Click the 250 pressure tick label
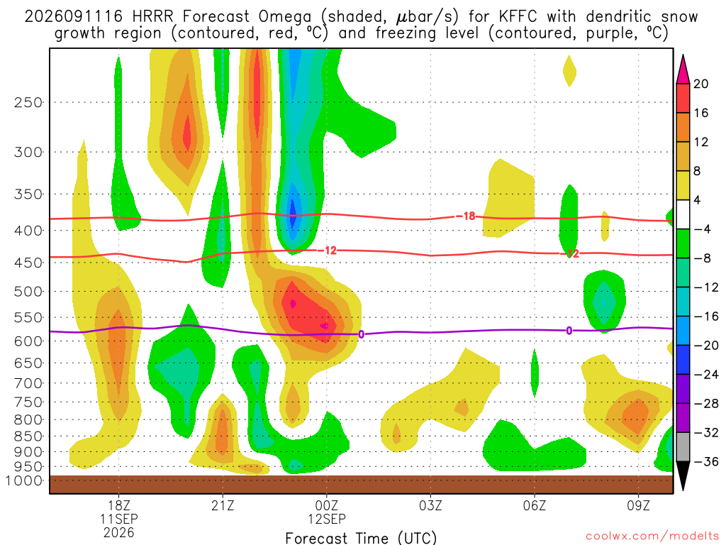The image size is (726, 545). click(28, 102)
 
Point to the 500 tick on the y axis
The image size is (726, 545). click(28, 292)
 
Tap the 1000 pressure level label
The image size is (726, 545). click(23, 480)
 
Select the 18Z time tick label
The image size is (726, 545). click(119, 505)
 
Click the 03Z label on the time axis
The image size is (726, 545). click(430, 505)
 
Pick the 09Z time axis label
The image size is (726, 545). click(639, 505)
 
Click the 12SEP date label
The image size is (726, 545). click(327, 519)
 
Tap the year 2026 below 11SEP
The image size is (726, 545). click(119, 532)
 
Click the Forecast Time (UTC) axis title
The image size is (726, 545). click(361, 538)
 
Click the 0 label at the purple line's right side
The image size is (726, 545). click(569, 331)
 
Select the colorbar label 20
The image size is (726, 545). click(700, 84)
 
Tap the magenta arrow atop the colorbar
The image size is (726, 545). click(683, 70)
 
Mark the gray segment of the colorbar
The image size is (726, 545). click(683, 447)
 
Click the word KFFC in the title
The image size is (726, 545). click(518, 17)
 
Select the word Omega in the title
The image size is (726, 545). click(285, 18)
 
